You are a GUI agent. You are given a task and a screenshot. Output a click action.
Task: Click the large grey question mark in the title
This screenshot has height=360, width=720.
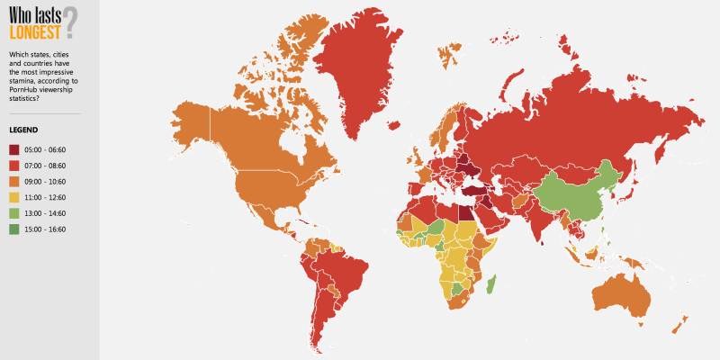coord(70,22)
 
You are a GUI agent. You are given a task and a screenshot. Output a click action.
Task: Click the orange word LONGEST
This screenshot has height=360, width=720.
coord(34,31)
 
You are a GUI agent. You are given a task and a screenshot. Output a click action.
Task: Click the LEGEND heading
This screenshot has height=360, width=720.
coord(23,130)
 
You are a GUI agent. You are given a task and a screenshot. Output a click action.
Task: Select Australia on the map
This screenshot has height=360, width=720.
coord(621,292)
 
